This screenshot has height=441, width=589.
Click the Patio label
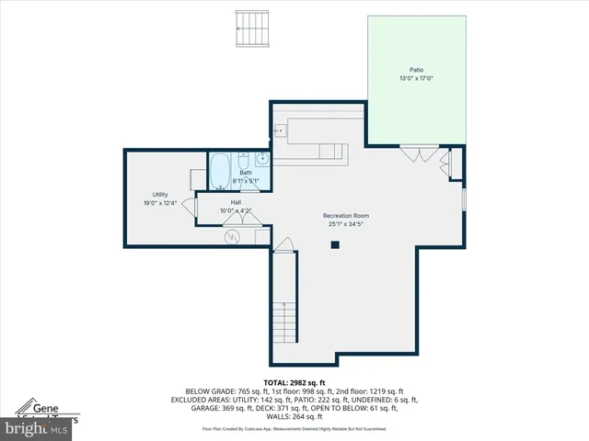[417, 70]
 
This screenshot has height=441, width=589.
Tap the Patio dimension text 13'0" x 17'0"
[417, 79]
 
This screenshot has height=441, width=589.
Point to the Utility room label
[159, 195]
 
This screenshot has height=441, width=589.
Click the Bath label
[246, 173]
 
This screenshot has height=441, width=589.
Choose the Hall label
[236, 202]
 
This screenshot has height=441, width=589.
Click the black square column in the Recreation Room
[335, 244]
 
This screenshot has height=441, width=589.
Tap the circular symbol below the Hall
[233, 236]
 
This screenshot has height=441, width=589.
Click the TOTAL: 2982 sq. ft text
[294, 382]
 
